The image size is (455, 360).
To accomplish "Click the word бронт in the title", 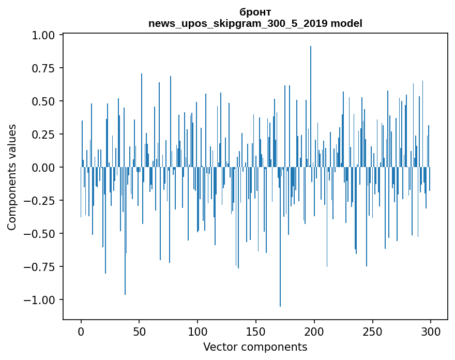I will pyautogui.click(x=255, y=12).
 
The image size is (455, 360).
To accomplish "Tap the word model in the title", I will pyautogui.click(x=346, y=23).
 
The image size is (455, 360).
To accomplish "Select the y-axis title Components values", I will pyautogui.click(x=12, y=177).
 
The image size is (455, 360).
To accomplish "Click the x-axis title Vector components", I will pyautogui.click(x=255, y=347).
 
